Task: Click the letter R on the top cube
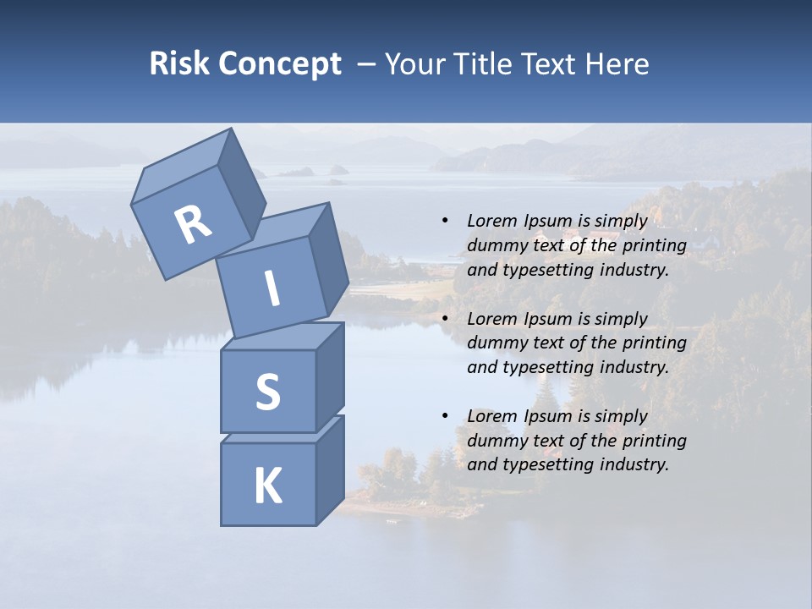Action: pyautogui.click(x=193, y=225)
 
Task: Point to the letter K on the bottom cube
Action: pyautogui.click(x=267, y=486)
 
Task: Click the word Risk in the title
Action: pyautogui.click(x=178, y=64)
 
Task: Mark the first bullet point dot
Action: pyautogui.click(x=445, y=221)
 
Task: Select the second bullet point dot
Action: pyautogui.click(x=445, y=319)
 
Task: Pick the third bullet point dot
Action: pyautogui.click(x=445, y=416)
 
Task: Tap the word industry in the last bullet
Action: pyautogui.click(x=630, y=464)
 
